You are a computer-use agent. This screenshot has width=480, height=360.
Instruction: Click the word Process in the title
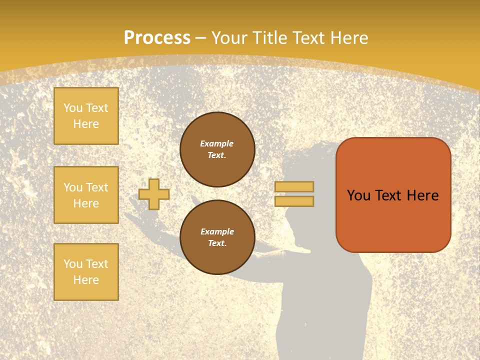pos(157,38)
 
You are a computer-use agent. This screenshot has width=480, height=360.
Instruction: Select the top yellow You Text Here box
pos(86,116)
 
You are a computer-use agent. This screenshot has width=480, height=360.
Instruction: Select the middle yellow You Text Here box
pos(86,195)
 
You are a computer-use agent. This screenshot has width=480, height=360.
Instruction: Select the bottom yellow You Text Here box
pos(86,271)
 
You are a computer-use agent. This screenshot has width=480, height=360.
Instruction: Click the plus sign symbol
pos(154,194)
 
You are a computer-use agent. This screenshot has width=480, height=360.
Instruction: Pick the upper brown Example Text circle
pos(217,149)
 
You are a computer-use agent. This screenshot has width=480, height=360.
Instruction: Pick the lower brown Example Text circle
pos(217,237)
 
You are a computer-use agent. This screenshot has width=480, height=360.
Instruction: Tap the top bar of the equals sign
pos(294,187)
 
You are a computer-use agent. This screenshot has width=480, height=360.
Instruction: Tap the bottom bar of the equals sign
pos(294,201)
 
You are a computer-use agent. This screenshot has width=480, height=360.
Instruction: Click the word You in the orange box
pos(358,195)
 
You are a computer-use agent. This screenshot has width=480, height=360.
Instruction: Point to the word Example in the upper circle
pos(216,144)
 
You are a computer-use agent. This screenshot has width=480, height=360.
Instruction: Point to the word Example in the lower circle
pos(217,232)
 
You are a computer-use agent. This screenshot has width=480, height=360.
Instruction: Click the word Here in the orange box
pos(422,195)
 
